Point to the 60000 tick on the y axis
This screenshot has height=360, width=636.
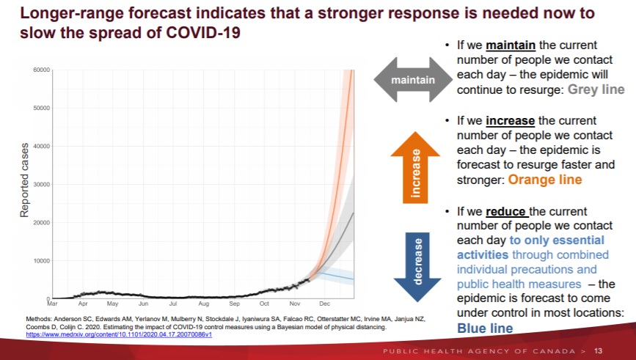click(x=40, y=70)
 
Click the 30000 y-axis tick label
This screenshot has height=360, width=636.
click(x=40, y=185)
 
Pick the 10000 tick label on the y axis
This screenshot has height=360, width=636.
click(x=40, y=261)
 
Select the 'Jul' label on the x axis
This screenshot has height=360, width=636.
click(x=172, y=303)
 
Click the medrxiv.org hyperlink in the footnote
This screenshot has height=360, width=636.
click(x=119, y=334)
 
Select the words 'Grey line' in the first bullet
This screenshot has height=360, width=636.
click(x=594, y=90)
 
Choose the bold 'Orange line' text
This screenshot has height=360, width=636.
click(x=545, y=180)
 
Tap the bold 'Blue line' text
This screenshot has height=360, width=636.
click(x=485, y=328)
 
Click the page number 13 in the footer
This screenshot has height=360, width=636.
click(x=599, y=350)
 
